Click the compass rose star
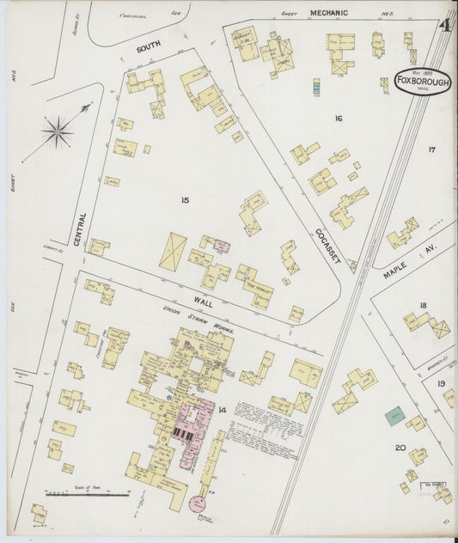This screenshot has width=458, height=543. pos(58,131)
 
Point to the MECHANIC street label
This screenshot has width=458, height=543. pos(329,14)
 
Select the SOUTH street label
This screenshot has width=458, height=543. pos(149,49)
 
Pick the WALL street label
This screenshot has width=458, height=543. pos(203,302)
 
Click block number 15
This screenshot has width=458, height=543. pos(184,200)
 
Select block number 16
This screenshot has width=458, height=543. pos(339,118)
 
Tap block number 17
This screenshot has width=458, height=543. pos(431,149)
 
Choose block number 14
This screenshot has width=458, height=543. pos(222,411)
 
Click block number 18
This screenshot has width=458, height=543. pos(423,305)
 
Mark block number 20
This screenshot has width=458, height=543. pos(400,448)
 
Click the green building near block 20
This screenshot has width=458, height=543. pos(394,416)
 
